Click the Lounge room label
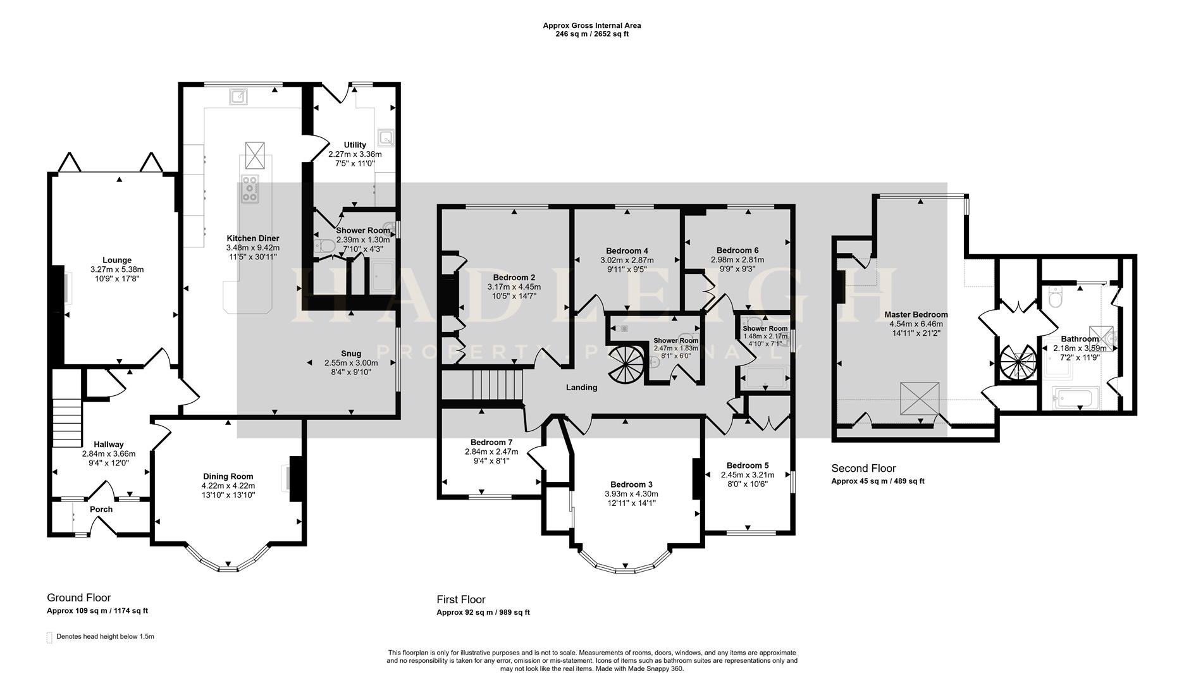click(x=117, y=260)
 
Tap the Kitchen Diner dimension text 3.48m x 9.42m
click(x=253, y=248)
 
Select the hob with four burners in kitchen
click(x=250, y=189)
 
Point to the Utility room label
click(x=355, y=145)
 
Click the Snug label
click(x=351, y=354)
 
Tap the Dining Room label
click(x=228, y=476)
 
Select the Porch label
click(x=101, y=509)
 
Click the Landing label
click(x=581, y=388)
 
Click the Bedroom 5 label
click(x=748, y=465)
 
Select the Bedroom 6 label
click(x=737, y=250)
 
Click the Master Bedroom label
click(x=916, y=314)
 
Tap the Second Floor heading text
click(x=863, y=469)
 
